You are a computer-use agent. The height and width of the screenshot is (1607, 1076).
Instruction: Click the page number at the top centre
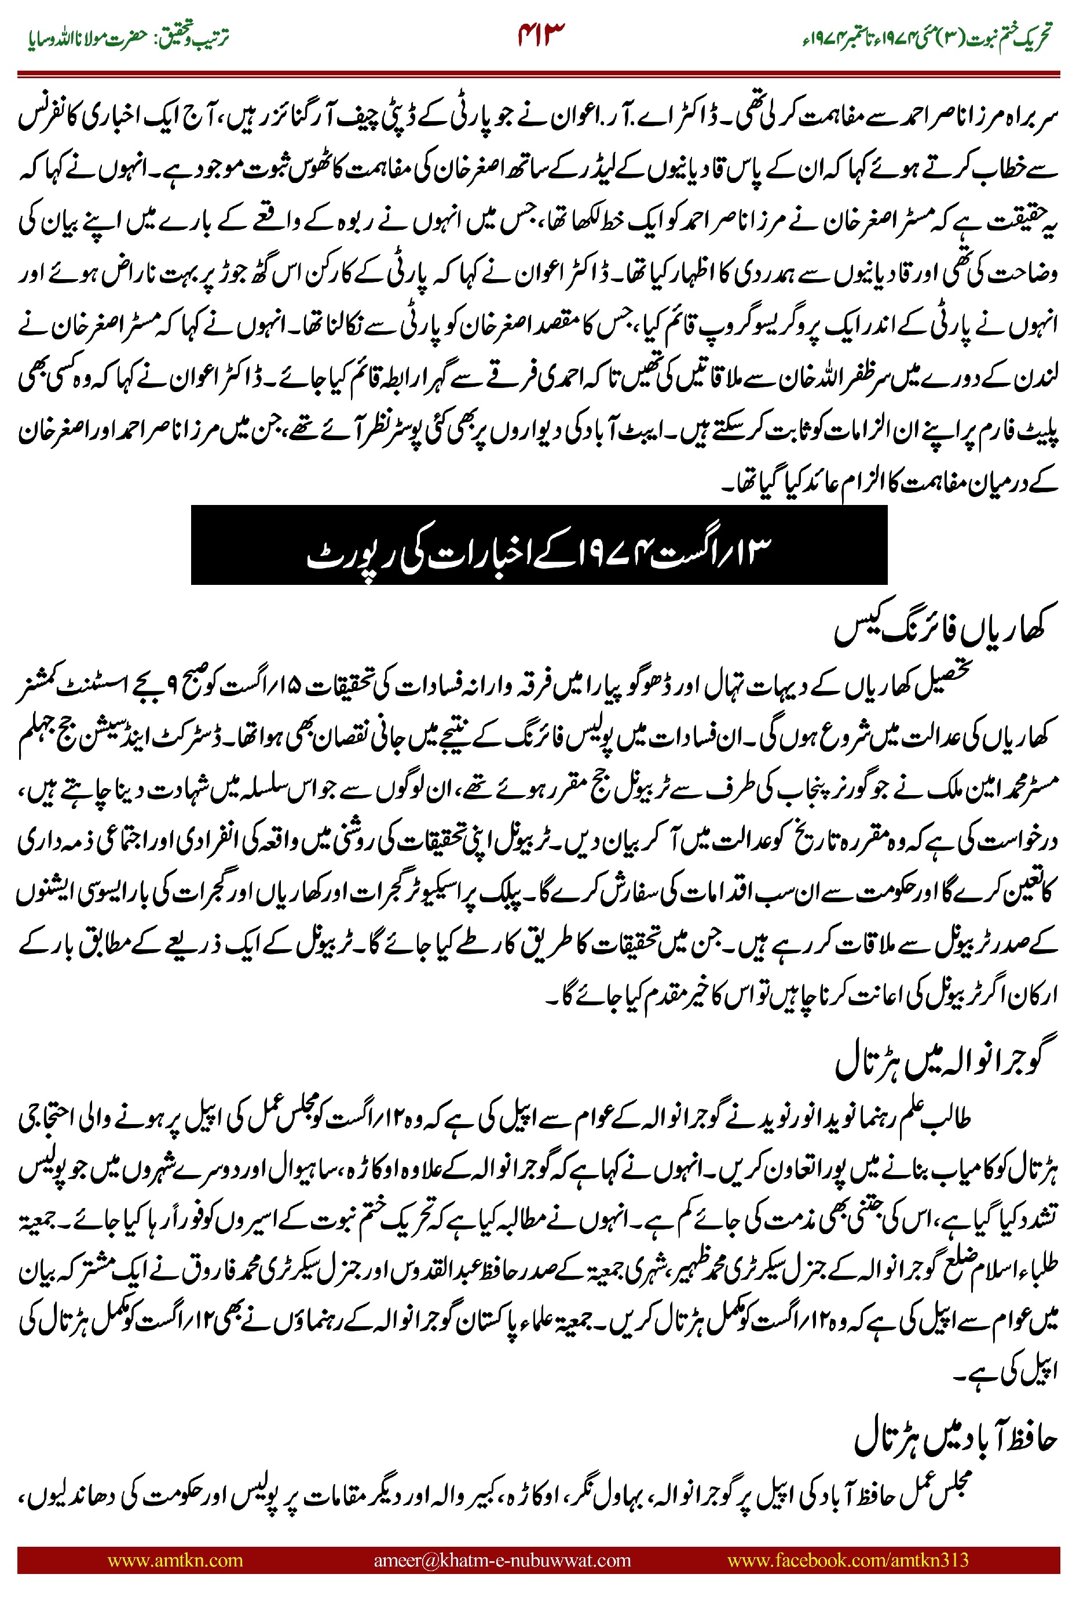tap(541, 35)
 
